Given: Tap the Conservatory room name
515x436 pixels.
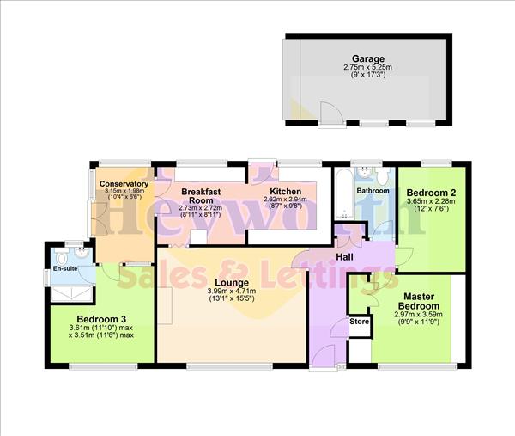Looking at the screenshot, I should pyautogui.click(x=124, y=184).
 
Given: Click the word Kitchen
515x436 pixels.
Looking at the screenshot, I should pyautogui.click(x=285, y=191).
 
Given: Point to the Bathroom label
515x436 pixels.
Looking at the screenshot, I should pyautogui.click(x=373, y=190).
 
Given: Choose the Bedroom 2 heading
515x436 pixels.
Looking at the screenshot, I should pyautogui.click(x=430, y=192).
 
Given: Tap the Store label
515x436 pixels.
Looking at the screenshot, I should pyautogui.click(x=359, y=322).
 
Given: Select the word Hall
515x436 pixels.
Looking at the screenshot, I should pyautogui.click(x=344, y=257).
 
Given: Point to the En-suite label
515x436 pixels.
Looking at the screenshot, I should pyautogui.click(x=65, y=268).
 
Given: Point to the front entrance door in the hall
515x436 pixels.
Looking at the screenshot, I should pyautogui.click(x=325, y=354).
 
